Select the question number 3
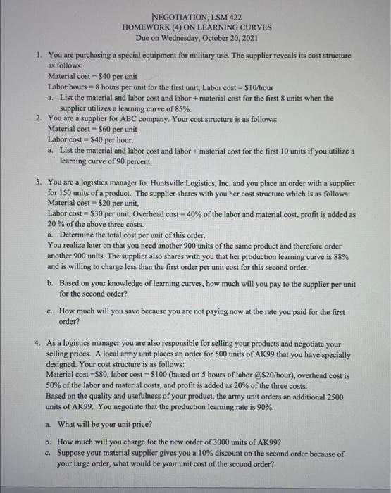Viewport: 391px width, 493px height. tap(38, 182)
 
